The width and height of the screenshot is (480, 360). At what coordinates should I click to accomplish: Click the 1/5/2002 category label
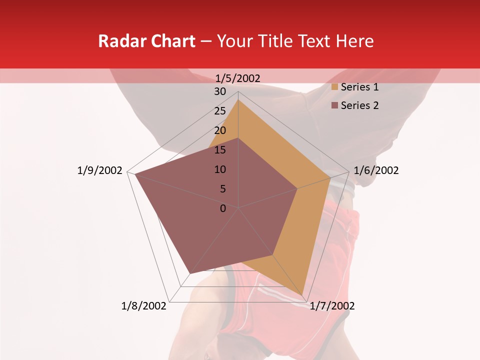(x=238, y=78)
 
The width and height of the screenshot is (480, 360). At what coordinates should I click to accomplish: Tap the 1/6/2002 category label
(x=376, y=170)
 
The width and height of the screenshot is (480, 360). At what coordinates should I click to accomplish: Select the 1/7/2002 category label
(x=332, y=306)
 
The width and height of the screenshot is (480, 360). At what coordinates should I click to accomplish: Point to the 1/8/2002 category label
(x=144, y=306)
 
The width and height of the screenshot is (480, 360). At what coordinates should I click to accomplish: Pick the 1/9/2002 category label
(x=100, y=170)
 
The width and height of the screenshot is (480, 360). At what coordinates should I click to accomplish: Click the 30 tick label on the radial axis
(x=220, y=91)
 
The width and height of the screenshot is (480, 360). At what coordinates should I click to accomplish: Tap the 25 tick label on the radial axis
(x=220, y=111)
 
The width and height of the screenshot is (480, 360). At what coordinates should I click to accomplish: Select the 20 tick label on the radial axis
(x=220, y=130)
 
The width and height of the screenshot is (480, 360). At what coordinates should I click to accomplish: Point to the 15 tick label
(x=220, y=150)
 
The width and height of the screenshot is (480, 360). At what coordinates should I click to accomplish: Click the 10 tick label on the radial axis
(x=220, y=169)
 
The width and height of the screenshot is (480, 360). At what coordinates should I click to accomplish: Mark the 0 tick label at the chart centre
(x=223, y=208)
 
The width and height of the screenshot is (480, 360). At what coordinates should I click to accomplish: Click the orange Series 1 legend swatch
(x=334, y=87)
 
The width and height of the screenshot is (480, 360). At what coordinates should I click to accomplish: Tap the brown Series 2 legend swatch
(x=334, y=105)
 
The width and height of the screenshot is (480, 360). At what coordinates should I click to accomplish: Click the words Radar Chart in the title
(x=146, y=41)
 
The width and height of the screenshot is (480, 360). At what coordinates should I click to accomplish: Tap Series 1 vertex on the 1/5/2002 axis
(x=238, y=99)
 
